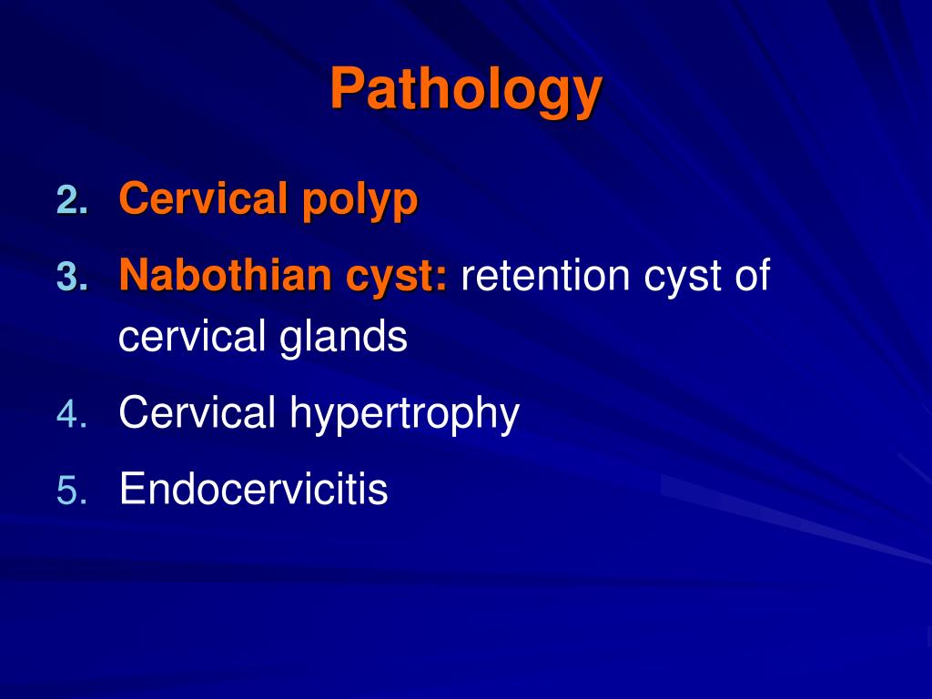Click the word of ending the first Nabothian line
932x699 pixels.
click(x=753, y=275)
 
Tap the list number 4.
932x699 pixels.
click(x=71, y=416)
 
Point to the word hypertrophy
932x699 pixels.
click(x=404, y=416)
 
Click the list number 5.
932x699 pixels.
click(x=71, y=491)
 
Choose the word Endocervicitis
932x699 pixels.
click(x=253, y=490)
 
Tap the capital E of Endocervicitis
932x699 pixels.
click(x=131, y=490)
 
